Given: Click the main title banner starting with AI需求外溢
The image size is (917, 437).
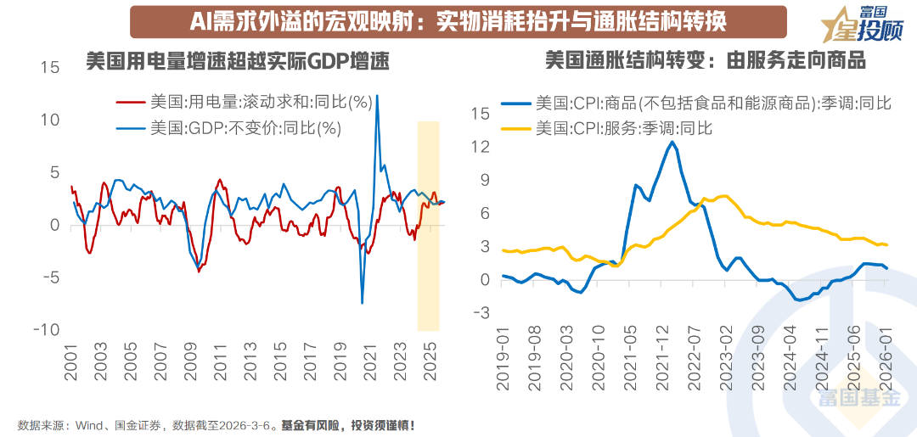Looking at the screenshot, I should [x=458, y=21].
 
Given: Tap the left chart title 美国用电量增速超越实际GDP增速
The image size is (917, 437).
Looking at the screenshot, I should [x=238, y=62].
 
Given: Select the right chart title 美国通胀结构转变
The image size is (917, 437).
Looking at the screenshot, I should [x=705, y=62].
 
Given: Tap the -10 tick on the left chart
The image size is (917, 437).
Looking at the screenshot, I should [x=46, y=329].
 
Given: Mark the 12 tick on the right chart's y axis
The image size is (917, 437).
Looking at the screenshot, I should [x=480, y=147].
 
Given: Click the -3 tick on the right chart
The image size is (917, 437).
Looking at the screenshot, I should [x=480, y=313].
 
